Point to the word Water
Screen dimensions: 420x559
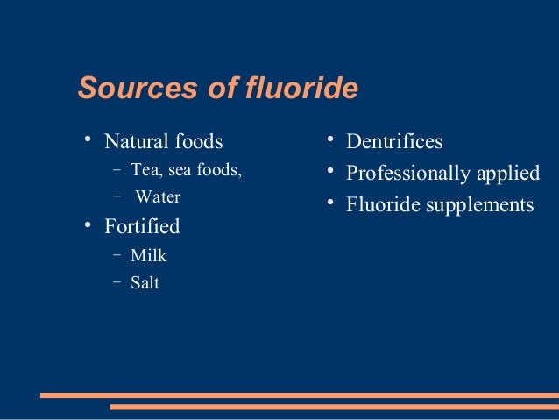[x=158, y=197]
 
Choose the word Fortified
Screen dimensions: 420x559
[x=142, y=226]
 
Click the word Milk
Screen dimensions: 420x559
[x=148, y=256]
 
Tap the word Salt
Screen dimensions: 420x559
[x=145, y=283]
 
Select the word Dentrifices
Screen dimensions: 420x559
[x=394, y=141]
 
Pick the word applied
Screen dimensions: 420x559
[x=508, y=173]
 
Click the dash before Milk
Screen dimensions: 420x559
[x=117, y=256]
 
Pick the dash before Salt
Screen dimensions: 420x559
[x=117, y=283]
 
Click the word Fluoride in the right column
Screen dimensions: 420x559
[x=382, y=205]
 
